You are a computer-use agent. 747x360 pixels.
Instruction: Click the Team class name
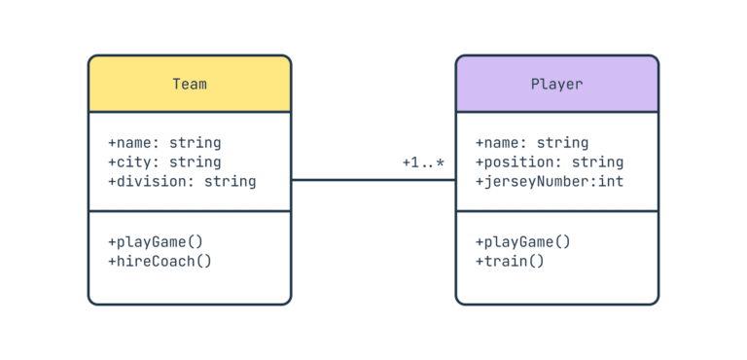point(190,84)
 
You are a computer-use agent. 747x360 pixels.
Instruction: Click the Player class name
point(556,84)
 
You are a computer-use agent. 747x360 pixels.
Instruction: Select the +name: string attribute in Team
point(163,143)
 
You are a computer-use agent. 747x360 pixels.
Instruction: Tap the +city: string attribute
point(163,162)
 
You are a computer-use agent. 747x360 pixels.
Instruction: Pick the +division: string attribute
point(181,182)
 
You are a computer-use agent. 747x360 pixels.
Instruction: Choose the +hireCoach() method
point(160,261)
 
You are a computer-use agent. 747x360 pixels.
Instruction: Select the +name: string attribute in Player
point(531,143)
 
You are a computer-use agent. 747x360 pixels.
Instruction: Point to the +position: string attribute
point(549,162)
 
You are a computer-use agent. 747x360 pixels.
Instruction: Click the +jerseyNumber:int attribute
point(549,182)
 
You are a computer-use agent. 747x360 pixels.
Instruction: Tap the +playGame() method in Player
point(522,241)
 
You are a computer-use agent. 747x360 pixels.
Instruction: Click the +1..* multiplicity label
point(423,162)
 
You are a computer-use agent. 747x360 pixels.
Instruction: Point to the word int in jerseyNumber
point(611,182)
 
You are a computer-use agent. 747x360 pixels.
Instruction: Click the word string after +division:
point(231,182)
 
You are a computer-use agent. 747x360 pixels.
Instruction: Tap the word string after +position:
point(597,162)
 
